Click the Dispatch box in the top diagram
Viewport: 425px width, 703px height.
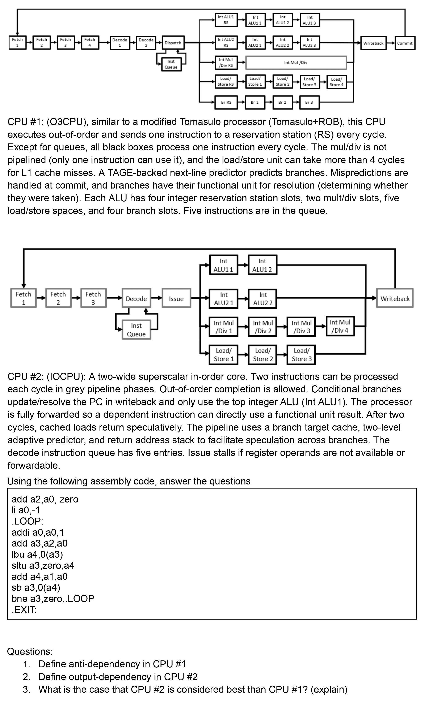click(x=173, y=43)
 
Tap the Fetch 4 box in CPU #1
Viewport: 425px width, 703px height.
click(x=90, y=43)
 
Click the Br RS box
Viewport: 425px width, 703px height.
click(x=226, y=102)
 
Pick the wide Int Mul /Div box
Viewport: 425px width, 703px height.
click(x=296, y=63)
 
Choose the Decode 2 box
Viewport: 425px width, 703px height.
click(x=146, y=43)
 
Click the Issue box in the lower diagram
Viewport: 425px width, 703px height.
click(x=176, y=299)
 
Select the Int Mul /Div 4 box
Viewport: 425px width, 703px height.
click(x=340, y=326)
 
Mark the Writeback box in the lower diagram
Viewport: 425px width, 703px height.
click(x=395, y=299)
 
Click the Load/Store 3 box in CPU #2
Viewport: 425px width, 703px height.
click(x=301, y=355)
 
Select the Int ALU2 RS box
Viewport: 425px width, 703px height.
click(x=226, y=43)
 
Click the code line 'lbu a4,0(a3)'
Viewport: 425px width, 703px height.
click(x=37, y=554)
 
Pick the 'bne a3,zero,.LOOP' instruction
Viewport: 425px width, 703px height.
click(x=53, y=598)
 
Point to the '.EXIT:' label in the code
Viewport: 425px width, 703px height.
click(x=24, y=610)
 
